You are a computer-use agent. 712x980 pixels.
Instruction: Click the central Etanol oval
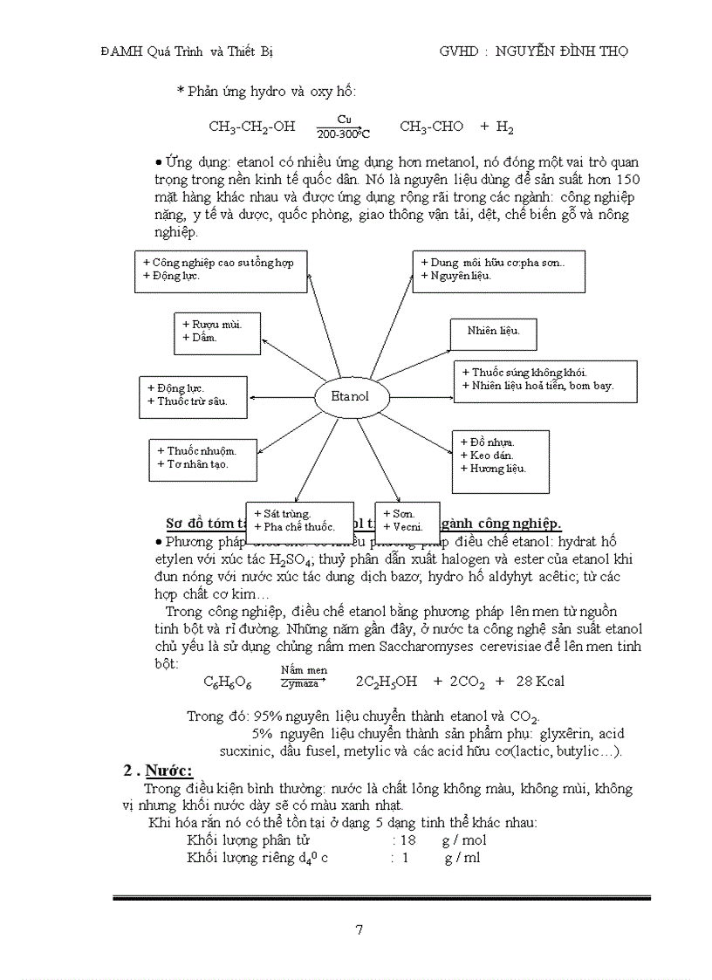pos(350,396)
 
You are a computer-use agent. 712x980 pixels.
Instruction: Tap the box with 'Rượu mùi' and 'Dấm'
pos(217,332)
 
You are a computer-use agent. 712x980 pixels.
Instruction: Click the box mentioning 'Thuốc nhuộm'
pos(203,459)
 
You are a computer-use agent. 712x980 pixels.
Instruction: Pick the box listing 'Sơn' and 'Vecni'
pos(407,522)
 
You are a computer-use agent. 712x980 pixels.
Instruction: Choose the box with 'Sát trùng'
pos(299,522)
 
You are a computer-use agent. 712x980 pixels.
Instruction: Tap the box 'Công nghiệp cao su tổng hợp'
pos(222,271)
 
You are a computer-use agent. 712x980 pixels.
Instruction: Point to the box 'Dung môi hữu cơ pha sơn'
pos(498,271)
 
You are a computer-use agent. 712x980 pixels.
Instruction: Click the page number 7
pos(359,929)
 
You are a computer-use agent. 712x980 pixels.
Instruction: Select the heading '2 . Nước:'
pos(157,771)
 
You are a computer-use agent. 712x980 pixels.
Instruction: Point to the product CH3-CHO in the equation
pos(432,127)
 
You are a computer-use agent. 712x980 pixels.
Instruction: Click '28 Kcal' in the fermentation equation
pos(540,682)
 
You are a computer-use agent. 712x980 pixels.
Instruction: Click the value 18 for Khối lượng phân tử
pos(408,840)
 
